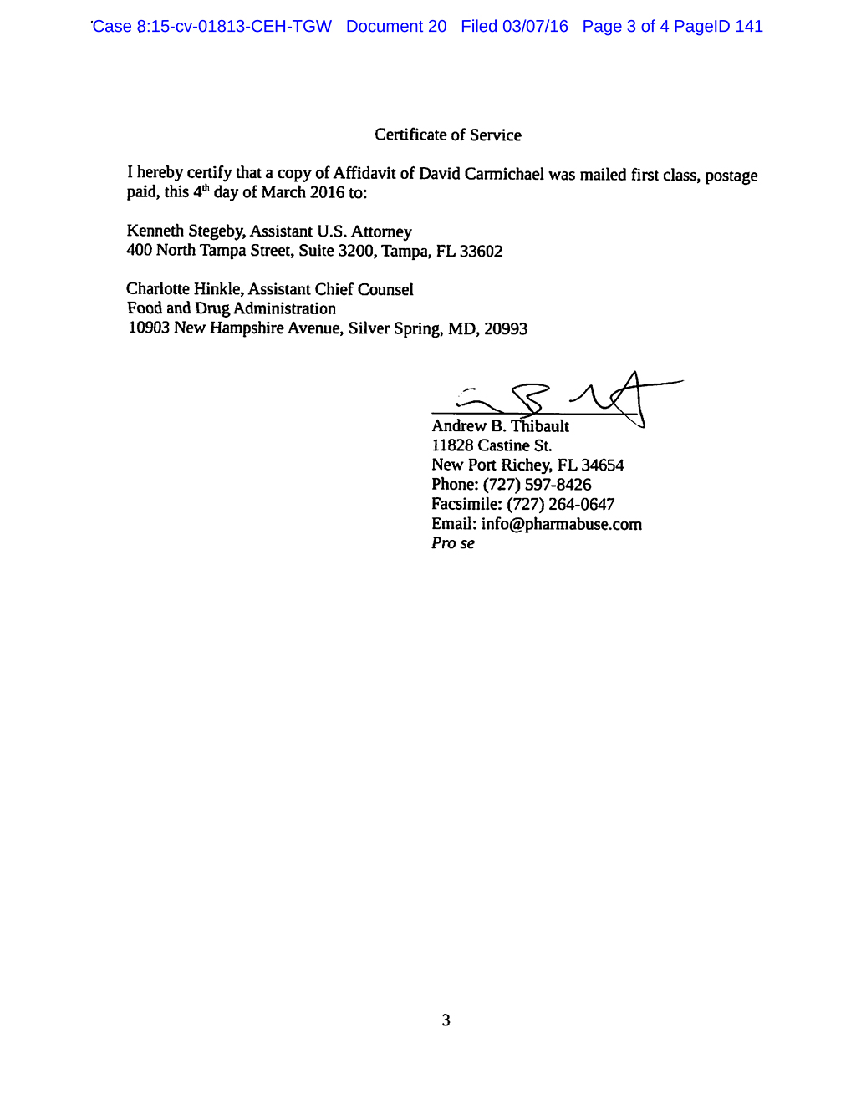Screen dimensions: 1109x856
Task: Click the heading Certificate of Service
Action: click(447, 135)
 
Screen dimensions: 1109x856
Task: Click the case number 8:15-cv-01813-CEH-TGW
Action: click(234, 27)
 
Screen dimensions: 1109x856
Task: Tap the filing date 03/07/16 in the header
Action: click(535, 27)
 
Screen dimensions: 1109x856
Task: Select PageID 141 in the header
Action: click(718, 27)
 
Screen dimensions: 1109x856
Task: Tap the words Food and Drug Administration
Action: click(232, 308)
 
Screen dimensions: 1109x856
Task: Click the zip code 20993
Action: click(506, 329)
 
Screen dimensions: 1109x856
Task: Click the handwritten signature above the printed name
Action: click(556, 397)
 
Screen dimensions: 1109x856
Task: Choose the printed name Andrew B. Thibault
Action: click(500, 426)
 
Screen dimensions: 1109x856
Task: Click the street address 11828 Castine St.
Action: click(492, 446)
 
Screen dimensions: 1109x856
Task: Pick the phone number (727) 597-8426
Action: click(537, 485)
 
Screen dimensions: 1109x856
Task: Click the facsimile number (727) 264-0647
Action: click(560, 505)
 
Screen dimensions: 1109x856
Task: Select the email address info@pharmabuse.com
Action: click(561, 525)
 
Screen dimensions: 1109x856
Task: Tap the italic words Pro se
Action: click(453, 543)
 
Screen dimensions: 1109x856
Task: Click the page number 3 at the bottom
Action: click(446, 1020)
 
